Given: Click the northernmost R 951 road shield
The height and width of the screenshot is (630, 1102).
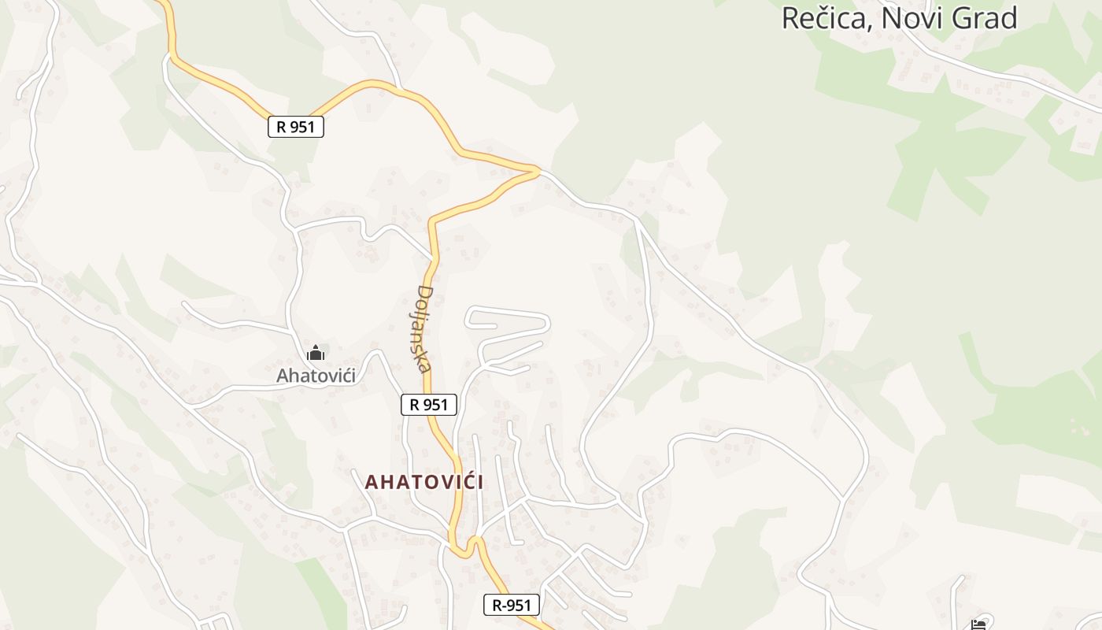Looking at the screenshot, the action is coord(296,126).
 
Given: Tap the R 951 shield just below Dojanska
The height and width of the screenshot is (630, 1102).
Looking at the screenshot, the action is coord(429,405).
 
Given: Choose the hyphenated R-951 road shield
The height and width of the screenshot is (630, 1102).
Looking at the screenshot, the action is coord(512,605).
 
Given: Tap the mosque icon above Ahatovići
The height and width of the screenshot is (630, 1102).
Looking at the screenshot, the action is coord(316,353).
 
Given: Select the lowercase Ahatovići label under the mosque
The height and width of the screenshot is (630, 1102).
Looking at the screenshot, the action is coord(316,376).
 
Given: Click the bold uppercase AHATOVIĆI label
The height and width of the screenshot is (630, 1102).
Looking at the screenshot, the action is coord(424,482).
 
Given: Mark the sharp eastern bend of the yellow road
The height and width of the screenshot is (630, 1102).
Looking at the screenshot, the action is coord(537,169).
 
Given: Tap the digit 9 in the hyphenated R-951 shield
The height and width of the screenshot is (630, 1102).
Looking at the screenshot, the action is coord(515,605).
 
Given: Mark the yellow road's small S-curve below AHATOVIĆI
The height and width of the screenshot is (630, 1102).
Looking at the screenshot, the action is coord(465,546).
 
